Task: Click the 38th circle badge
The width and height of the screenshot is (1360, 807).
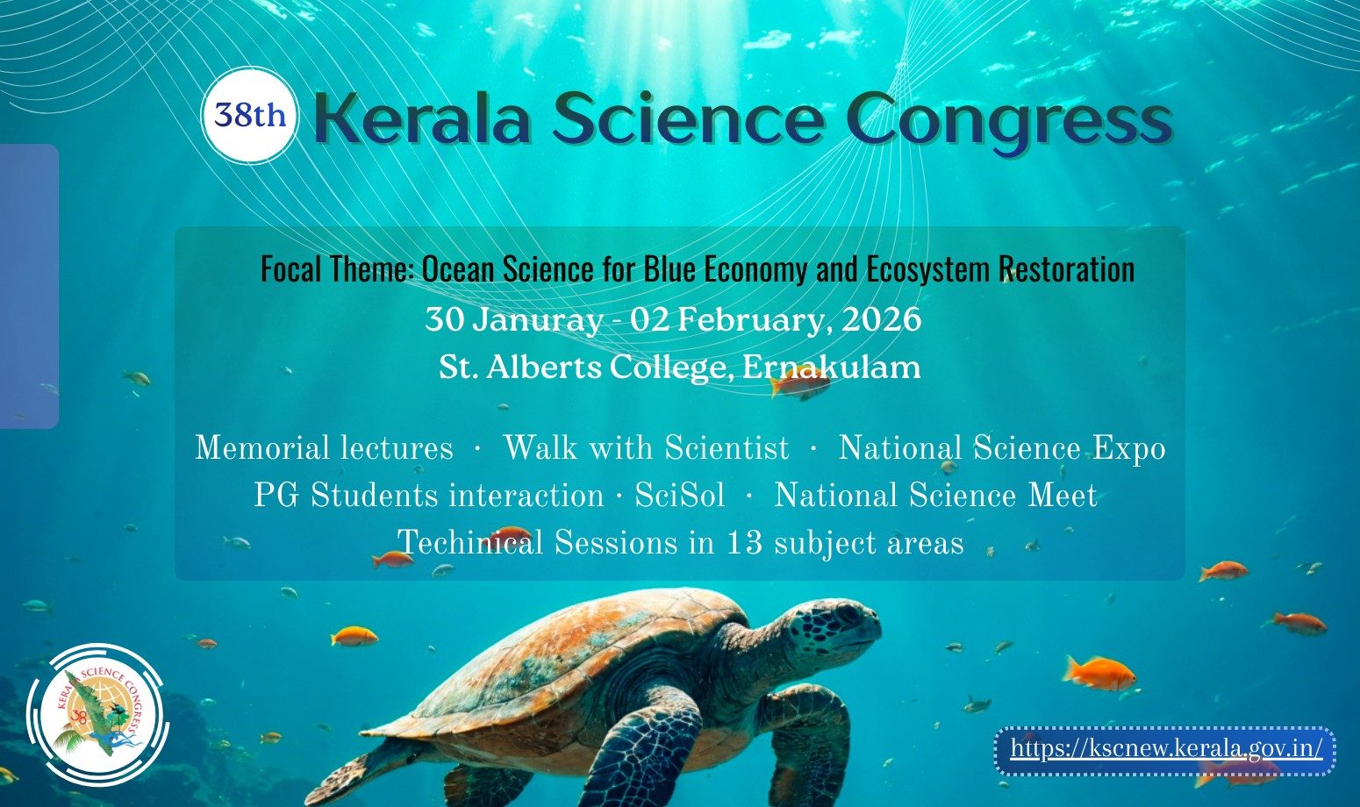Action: tap(249, 115)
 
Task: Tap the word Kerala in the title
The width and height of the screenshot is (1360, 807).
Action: tap(423, 119)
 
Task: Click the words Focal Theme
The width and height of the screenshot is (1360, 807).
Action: tap(336, 268)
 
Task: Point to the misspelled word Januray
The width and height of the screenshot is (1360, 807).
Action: tap(537, 320)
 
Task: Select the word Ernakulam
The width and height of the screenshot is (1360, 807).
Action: tap(831, 367)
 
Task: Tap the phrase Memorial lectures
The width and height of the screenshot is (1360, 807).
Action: tap(325, 448)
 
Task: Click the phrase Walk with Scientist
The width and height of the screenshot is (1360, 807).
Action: tap(646, 448)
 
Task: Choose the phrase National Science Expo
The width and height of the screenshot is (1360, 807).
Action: tap(1002, 450)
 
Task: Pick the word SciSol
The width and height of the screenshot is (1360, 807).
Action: tap(679, 496)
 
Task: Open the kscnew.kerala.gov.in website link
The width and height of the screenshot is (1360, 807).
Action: tap(1166, 749)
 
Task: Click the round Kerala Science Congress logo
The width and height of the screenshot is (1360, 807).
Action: tap(97, 714)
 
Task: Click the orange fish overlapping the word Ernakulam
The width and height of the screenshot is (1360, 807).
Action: tap(799, 385)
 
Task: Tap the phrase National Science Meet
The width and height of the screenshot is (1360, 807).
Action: tap(935, 496)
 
